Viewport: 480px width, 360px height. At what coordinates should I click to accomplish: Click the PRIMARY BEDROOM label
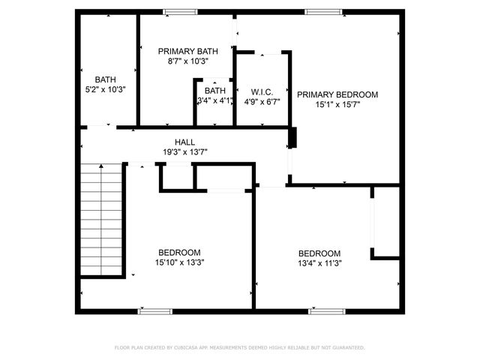(337, 94)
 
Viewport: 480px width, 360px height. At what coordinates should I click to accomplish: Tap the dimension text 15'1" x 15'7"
(337, 105)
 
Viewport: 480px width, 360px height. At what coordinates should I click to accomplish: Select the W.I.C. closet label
(262, 91)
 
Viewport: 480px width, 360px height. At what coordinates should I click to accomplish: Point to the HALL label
(185, 142)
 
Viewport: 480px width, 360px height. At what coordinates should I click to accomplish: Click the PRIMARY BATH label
(187, 51)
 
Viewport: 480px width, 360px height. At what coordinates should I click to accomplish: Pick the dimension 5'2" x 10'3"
(105, 89)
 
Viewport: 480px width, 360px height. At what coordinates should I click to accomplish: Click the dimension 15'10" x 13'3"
(179, 263)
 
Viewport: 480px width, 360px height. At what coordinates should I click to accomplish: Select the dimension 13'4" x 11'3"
(319, 264)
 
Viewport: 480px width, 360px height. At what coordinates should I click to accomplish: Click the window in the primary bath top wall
(180, 11)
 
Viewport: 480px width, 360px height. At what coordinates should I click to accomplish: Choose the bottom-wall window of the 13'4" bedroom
(327, 310)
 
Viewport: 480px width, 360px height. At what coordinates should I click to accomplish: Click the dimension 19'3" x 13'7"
(185, 151)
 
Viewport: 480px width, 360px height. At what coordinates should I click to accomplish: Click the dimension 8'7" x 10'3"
(187, 61)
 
